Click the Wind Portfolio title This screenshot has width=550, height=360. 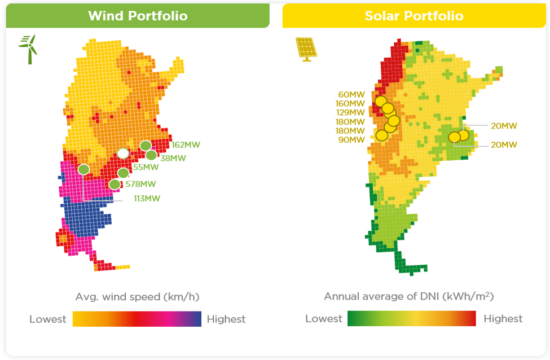138,16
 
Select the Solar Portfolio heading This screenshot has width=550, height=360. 414,16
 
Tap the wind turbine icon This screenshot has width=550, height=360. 28,49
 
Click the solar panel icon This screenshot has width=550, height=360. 306,49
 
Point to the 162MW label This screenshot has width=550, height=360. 186,145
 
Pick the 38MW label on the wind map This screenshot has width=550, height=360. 173,158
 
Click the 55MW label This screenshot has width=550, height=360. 146,168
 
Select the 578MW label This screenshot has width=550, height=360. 140,184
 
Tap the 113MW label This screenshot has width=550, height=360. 147,199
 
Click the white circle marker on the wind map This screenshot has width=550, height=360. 123,153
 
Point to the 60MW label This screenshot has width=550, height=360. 351,95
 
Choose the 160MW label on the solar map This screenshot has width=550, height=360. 350,103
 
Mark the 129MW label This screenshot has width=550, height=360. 350,113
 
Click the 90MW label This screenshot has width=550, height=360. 351,140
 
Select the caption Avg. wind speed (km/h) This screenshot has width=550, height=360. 138,297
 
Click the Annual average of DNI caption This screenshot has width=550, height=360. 409,297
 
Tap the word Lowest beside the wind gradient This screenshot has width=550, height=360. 48,319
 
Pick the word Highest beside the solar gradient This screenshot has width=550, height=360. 503,319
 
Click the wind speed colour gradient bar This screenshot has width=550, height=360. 137,319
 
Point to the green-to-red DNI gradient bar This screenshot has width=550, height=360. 412,318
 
